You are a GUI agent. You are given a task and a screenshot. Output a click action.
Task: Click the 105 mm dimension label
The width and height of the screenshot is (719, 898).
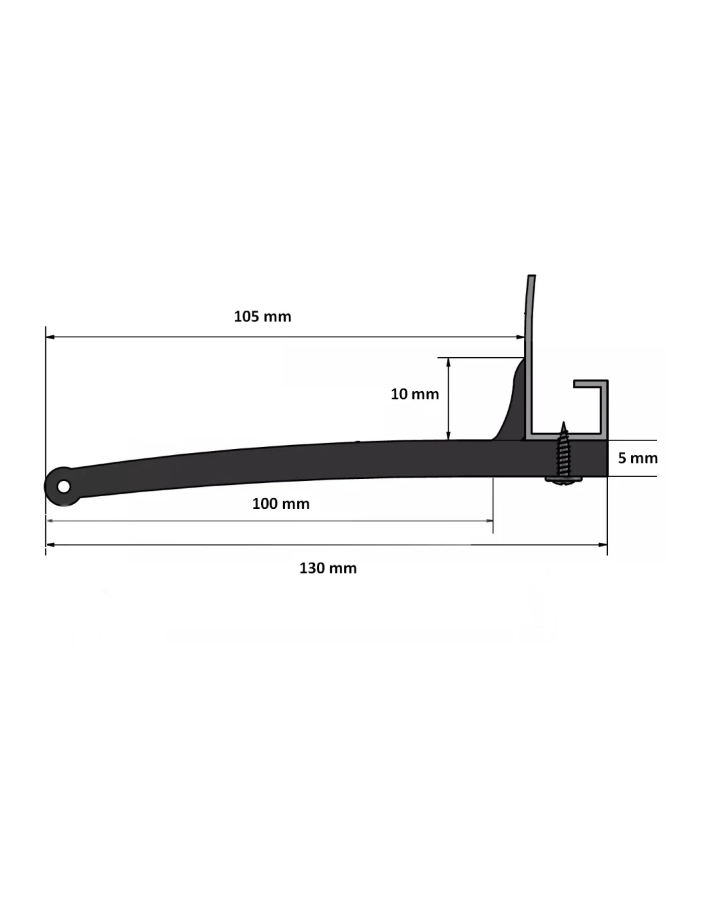[x=262, y=317]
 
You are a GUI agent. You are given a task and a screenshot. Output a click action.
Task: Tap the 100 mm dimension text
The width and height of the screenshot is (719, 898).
[x=281, y=504]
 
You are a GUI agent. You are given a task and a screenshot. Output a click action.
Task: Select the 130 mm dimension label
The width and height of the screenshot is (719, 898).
[x=328, y=568]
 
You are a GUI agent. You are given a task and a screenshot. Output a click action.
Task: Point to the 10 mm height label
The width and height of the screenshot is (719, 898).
[x=415, y=394]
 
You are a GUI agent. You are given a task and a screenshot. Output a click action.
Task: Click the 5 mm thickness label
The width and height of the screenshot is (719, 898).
[x=638, y=458]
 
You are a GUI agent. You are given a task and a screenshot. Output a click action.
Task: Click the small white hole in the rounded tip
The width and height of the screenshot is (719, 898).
[x=64, y=486]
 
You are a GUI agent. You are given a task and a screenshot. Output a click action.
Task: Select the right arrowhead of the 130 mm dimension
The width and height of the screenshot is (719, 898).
[x=602, y=545]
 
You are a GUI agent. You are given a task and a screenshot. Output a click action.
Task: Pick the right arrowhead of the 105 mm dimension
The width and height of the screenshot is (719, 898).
[x=521, y=337]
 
